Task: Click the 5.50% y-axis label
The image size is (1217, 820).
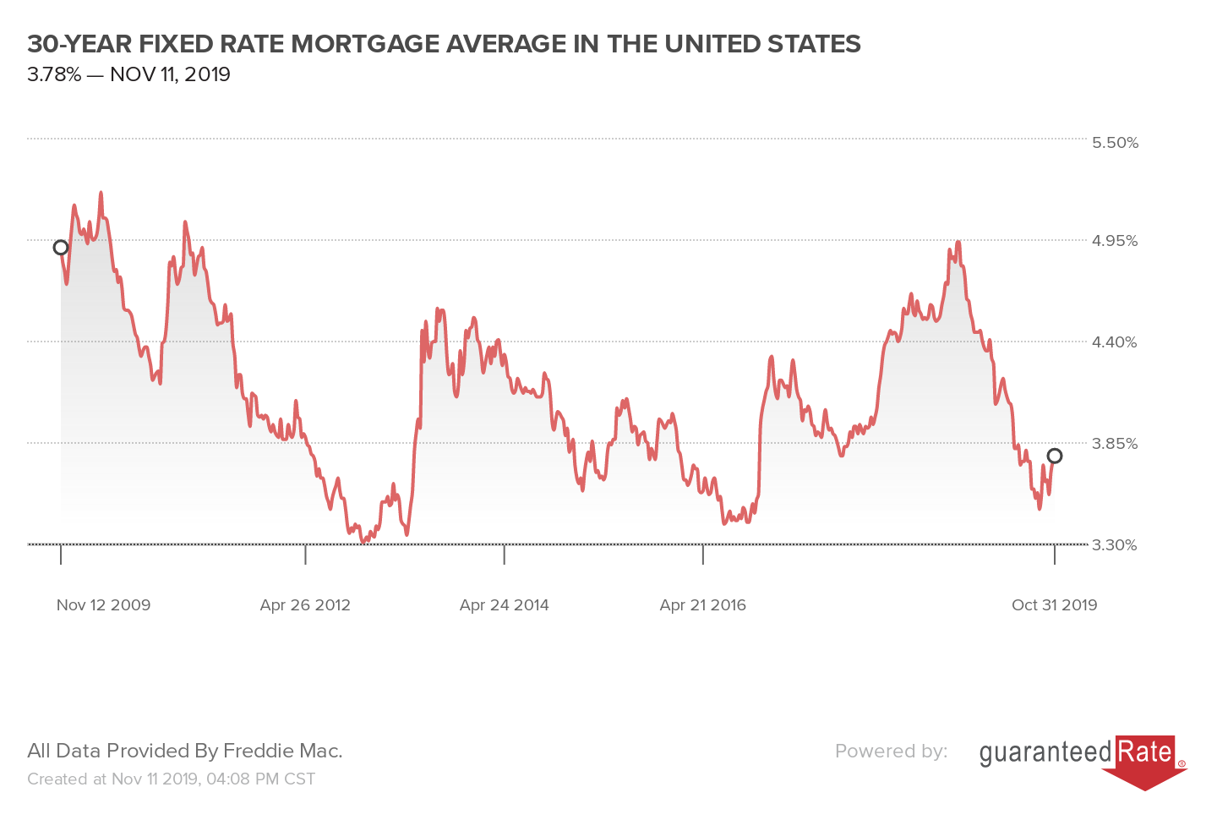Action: pos(1115,142)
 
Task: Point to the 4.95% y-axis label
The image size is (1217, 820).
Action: pos(1115,241)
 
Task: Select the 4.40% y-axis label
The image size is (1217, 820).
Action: pos(1115,342)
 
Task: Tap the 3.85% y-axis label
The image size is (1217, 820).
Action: pos(1115,444)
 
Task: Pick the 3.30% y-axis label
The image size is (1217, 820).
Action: pos(1115,545)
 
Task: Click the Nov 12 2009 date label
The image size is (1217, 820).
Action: pos(103,605)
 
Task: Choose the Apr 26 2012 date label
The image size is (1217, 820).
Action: pos(305,605)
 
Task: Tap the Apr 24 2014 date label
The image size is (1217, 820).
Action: pos(505,605)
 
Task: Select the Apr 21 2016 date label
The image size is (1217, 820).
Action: pos(703,605)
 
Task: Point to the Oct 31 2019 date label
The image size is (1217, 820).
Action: pos(1054,605)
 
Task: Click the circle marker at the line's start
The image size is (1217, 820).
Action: pos(61,248)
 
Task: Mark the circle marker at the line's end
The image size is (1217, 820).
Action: pos(1055,456)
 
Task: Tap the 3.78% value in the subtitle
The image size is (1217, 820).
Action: pos(54,74)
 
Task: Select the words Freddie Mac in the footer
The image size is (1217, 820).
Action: pos(282,751)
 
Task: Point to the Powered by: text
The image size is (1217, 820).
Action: pos(891,751)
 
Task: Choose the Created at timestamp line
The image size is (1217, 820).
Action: pos(171,779)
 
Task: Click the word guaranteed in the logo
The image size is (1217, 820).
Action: pos(1045,752)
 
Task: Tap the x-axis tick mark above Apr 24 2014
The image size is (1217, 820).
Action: pos(505,555)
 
